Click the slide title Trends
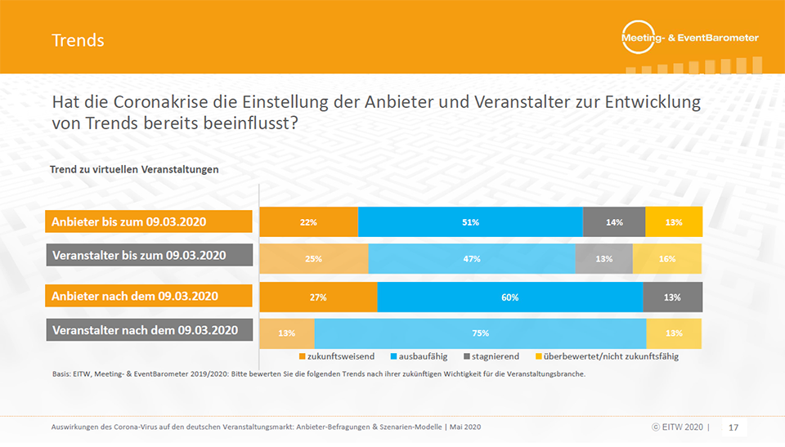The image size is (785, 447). [78, 39]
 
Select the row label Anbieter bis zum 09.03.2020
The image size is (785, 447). [148, 222]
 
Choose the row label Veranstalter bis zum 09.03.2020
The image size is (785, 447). [148, 255]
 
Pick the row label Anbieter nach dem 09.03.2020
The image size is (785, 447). [148, 296]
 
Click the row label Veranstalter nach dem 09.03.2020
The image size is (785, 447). [148, 331]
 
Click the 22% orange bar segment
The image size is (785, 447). [309, 222]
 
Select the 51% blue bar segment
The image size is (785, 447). [470, 222]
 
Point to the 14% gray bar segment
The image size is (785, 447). [614, 222]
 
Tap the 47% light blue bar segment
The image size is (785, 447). [471, 258]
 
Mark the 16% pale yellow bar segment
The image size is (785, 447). [667, 258]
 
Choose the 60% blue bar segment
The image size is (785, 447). [509, 297]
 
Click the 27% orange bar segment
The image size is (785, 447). [318, 297]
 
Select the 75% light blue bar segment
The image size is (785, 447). [480, 333]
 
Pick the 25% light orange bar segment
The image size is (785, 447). [314, 258]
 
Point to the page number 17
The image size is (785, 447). [733, 427]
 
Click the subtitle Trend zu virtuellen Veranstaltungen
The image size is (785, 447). [134, 169]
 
